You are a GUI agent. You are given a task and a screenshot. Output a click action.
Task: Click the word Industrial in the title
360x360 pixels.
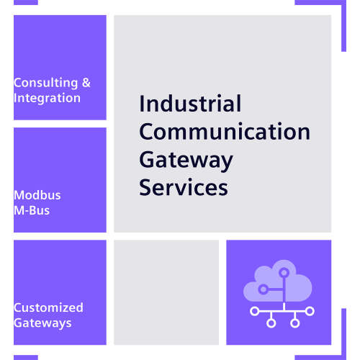(190, 104)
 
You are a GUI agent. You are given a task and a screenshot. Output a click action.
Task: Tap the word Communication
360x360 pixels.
(225, 131)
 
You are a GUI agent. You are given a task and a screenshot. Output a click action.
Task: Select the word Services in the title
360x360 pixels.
(184, 187)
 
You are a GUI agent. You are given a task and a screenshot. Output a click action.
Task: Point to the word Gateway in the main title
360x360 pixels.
(186, 161)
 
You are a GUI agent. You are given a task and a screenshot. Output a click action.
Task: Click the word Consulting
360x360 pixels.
(46, 83)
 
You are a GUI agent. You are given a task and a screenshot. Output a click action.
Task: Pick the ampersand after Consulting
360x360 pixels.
(86, 83)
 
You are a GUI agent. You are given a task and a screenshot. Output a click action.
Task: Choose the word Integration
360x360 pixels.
(47, 98)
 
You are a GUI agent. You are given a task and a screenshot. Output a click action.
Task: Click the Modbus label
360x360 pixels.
(37, 195)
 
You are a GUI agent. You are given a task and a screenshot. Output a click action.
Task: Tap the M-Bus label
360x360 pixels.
(32, 210)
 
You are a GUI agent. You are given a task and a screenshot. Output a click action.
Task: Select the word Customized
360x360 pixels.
(48, 307)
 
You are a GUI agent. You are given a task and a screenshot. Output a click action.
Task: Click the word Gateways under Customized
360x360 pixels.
(42, 323)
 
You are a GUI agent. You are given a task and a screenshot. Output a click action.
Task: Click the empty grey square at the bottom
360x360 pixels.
(166, 292)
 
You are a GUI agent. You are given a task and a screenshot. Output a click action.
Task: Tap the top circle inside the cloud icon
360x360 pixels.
(284, 273)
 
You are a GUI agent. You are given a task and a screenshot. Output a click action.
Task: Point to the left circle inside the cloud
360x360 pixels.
(264, 289)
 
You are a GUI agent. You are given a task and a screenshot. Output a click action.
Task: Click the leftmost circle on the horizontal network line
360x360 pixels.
(254, 311)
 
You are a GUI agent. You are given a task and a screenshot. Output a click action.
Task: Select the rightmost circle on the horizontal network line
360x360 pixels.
(310, 311)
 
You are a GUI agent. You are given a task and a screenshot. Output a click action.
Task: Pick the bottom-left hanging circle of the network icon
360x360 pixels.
(271, 323)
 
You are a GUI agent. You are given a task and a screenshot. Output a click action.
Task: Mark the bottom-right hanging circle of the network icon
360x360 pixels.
(295, 323)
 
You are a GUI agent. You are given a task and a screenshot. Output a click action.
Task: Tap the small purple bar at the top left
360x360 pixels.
(26, 2)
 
